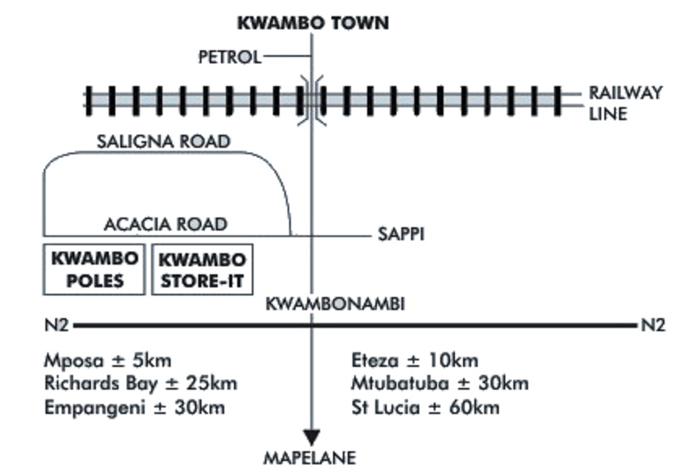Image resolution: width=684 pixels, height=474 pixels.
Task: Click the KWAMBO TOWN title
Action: pyautogui.click(x=313, y=23)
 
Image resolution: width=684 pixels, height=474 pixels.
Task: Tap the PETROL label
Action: pyautogui.click(x=231, y=57)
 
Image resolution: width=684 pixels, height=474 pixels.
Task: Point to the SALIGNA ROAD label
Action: pyautogui.click(x=163, y=141)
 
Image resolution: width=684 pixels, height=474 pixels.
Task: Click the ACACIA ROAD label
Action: pyautogui.click(x=165, y=223)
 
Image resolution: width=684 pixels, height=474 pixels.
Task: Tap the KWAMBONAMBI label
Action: pyautogui.click(x=335, y=305)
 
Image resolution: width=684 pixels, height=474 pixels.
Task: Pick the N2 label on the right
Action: pyautogui.click(x=653, y=326)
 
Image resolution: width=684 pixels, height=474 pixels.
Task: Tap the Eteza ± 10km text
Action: pyautogui.click(x=415, y=360)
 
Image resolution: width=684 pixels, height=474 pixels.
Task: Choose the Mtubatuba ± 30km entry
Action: pyautogui.click(x=439, y=383)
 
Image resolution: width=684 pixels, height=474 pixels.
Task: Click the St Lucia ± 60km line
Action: pyautogui.click(x=426, y=407)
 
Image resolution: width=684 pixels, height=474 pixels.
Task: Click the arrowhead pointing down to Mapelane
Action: pyautogui.click(x=312, y=436)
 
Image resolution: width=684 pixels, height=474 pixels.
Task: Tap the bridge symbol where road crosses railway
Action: pyautogui.click(x=312, y=100)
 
